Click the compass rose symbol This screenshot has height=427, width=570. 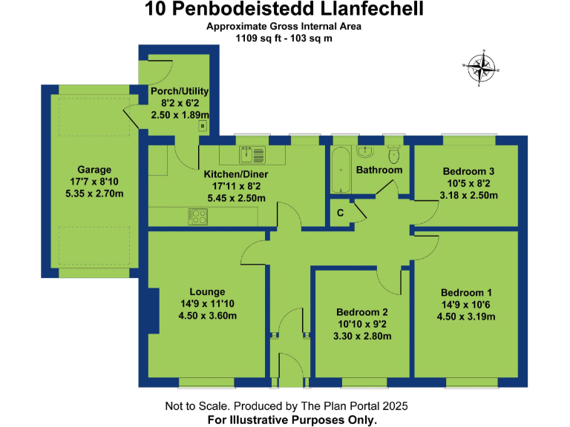point(482,68)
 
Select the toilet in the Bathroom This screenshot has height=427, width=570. point(394,155)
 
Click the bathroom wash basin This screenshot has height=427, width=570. point(365,152)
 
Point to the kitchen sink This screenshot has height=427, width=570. point(248,155)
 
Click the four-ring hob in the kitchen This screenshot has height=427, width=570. point(198,217)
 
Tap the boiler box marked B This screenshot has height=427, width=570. point(201,127)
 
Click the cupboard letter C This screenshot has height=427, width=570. point(340,213)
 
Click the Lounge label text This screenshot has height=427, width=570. point(206,291)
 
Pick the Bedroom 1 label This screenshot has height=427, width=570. point(466,292)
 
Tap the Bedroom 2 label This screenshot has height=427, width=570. point(362,312)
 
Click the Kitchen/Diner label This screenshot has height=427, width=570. point(236,174)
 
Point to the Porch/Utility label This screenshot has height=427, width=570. point(179,91)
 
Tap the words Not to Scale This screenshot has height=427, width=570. point(195,406)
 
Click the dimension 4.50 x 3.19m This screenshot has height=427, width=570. point(466,317)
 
